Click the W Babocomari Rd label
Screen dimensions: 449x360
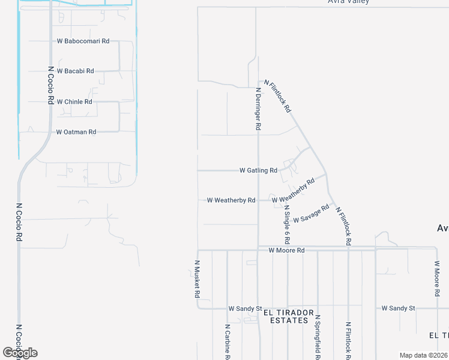[83, 41]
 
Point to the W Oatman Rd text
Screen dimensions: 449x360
[76, 132]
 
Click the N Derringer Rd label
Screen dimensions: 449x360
[258, 109]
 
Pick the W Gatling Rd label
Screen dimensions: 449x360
[258, 170]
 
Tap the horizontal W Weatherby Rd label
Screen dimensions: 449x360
[231, 200]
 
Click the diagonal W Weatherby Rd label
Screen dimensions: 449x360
[294, 191]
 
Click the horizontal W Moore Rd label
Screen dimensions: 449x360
[287, 250]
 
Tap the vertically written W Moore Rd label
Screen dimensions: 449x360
[437, 279]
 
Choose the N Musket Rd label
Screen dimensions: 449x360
[197, 279]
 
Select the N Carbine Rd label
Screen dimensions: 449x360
[228, 342]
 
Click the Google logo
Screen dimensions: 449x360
[20, 353]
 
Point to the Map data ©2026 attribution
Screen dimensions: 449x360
[424, 355]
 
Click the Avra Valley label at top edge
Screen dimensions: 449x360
[348, 2]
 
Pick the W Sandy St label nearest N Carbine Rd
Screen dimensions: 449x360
[245, 308]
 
